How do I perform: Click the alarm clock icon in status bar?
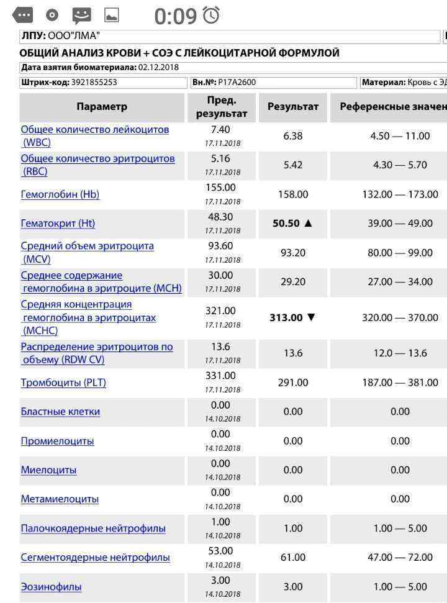point(212,16)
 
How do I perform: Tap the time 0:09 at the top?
point(175,16)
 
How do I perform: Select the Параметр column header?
point(102,106)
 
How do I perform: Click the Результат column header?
point(293,106)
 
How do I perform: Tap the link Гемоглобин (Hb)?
point(60,194)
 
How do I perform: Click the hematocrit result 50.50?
point(286,224)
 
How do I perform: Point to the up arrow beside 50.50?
point(308,224)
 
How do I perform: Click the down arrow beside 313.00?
point(311,317)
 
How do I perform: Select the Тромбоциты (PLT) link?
point(63,383)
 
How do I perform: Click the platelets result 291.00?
point(293,383)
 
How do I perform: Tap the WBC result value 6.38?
point(293,136)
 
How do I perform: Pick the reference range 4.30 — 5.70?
point(400,165)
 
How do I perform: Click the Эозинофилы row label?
point(51,587)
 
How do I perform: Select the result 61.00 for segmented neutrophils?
point(293,558)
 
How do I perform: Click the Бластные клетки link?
point(60,412)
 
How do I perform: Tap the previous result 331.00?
point(221,376)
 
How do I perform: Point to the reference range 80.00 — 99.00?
point(400,253)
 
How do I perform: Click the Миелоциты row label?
point(48,470)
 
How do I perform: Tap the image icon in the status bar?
point(112,16)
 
